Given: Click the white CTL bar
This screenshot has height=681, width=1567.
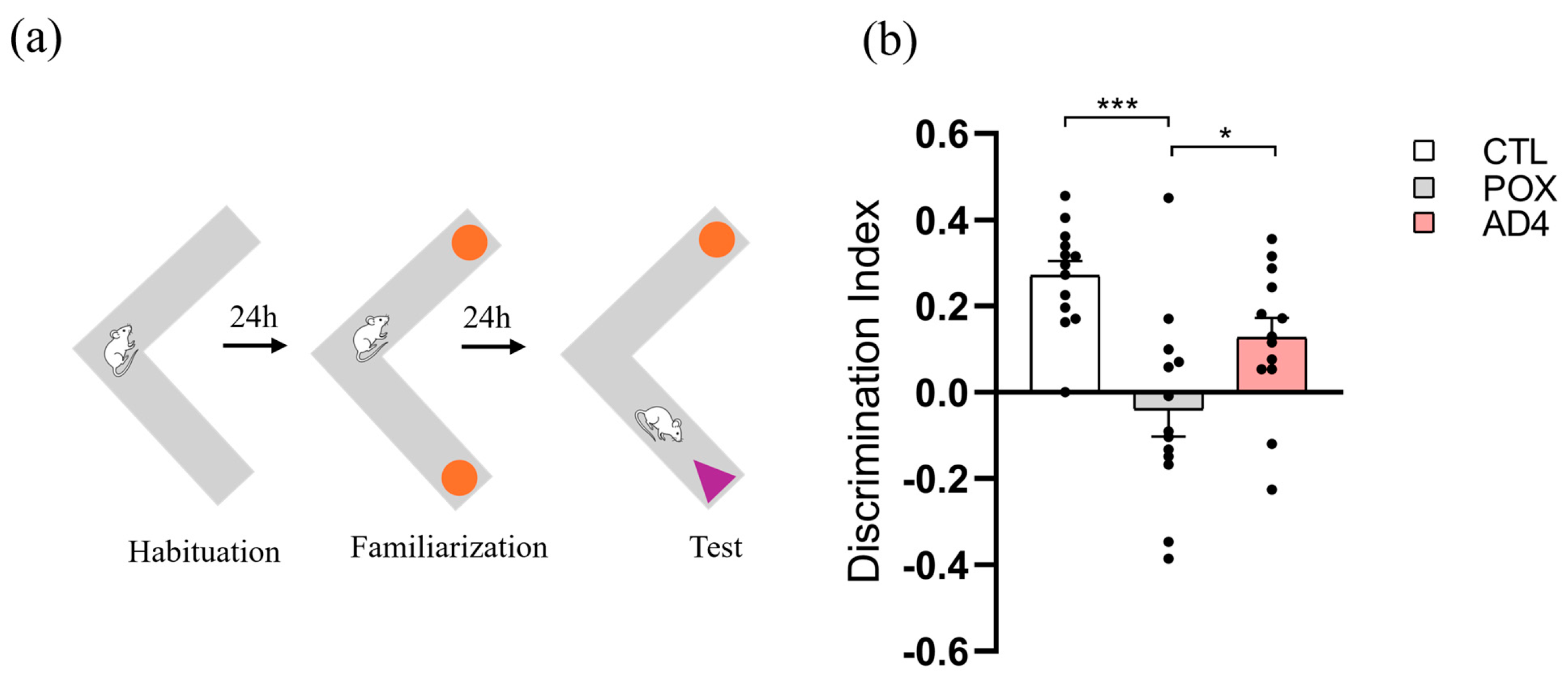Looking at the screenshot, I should coord(1064,341).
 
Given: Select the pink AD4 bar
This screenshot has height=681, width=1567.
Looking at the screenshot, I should coord(1271,365).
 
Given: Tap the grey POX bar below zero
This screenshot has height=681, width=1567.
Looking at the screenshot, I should coord(1168,401).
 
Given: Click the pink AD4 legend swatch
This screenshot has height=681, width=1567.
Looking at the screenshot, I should coord(1424,223).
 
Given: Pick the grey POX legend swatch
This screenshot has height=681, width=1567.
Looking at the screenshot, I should coord(1424,187).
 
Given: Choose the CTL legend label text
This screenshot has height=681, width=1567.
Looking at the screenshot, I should coord(1514,152).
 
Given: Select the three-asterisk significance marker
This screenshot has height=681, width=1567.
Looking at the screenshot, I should coord(1117,104).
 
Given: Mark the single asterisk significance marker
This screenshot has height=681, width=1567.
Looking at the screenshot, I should coord(1225,134).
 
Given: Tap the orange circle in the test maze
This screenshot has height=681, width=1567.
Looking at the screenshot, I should coord(717,239).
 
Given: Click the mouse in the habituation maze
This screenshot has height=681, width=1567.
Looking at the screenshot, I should coord(120,350).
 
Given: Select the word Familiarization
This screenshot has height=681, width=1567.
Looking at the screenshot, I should coord(449,547).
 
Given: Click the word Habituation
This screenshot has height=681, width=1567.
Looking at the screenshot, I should coord(204,552).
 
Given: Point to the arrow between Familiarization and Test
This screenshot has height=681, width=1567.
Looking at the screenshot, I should coord(492,347).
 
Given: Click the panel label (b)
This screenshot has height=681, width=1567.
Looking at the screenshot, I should coord(889,41).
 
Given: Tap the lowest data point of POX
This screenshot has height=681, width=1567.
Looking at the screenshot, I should coord(1169,559).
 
